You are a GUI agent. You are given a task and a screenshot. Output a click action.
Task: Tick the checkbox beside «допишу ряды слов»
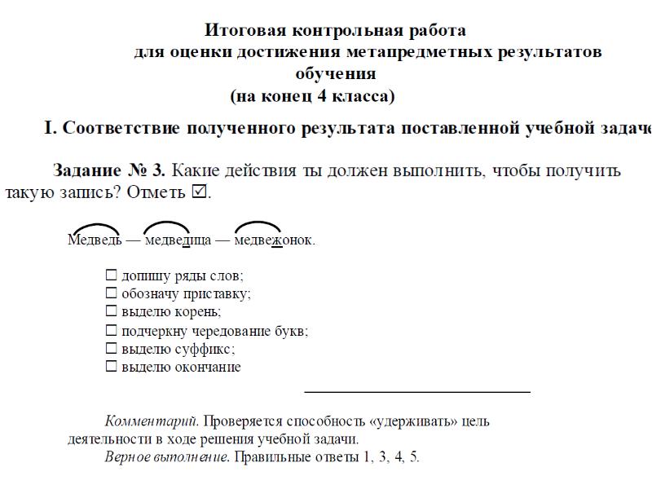[112, 276]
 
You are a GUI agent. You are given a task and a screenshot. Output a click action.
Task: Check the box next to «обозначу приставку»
[112, 294]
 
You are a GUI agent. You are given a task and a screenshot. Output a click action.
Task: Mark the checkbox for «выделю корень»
[112, 311]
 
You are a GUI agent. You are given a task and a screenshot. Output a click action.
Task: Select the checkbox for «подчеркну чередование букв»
[112, 332]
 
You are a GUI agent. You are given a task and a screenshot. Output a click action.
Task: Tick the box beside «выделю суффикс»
[112, 349]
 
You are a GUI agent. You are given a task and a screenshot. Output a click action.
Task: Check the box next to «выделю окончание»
[112, 367]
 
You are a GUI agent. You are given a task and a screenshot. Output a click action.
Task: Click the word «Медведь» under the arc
[95, 240]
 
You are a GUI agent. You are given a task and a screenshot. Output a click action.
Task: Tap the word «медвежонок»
[274, 240]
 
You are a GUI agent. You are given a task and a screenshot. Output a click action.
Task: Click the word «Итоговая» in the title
[240, 31]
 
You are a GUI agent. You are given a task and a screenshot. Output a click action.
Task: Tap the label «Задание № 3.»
[109, 171]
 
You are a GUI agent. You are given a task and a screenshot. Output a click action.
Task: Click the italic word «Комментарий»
[151, 422]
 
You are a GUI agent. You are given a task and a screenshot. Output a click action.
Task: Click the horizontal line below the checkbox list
[416, 392]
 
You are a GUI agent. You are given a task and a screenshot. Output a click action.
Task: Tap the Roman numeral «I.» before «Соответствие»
[51, 128]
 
